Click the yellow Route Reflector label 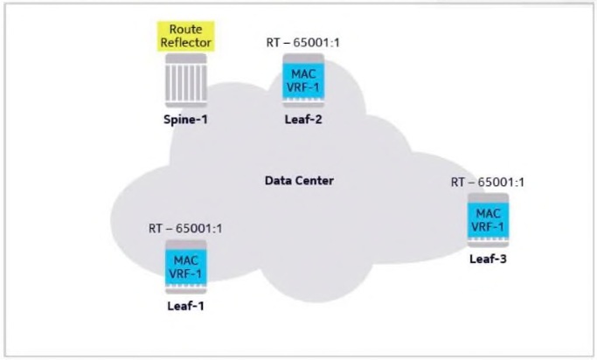[186, 36]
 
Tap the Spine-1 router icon [186, 80]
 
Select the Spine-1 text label [186, 120]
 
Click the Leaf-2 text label [303, 120]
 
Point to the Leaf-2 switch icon [303, 80]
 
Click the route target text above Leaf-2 [303, 42]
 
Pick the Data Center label [299, 181]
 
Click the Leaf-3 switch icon [488, 220]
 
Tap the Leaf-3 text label [488, 260]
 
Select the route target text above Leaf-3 [488, 182]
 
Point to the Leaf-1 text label [186, 307]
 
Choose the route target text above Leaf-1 [186, 229]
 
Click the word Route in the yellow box [186, 30]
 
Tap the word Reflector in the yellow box [186, 42]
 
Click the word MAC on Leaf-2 [303, 73]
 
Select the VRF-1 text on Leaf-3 [488, 225]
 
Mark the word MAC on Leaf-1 [186, 260]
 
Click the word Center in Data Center [316, 181]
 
